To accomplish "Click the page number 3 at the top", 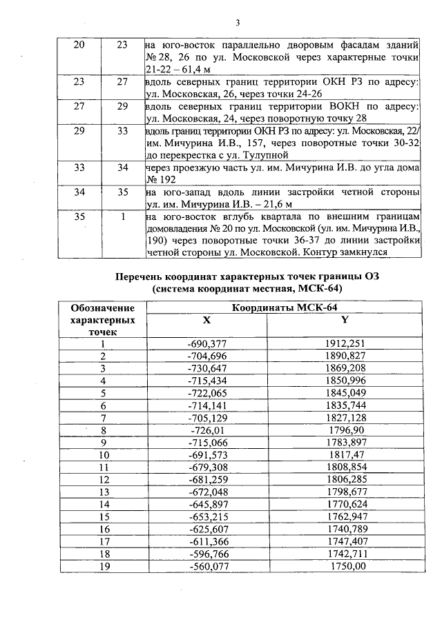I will pos(238,22).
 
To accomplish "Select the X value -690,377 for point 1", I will pos(206,343).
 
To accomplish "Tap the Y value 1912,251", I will pos(345,343).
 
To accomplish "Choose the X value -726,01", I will pos(206,430).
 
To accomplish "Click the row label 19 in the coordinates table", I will pos(104,566).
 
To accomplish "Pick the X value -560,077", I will pos(206,566).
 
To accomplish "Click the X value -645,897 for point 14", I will pos(206,504).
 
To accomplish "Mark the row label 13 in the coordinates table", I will pos(104,492).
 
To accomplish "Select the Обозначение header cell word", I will pos(104,308).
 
